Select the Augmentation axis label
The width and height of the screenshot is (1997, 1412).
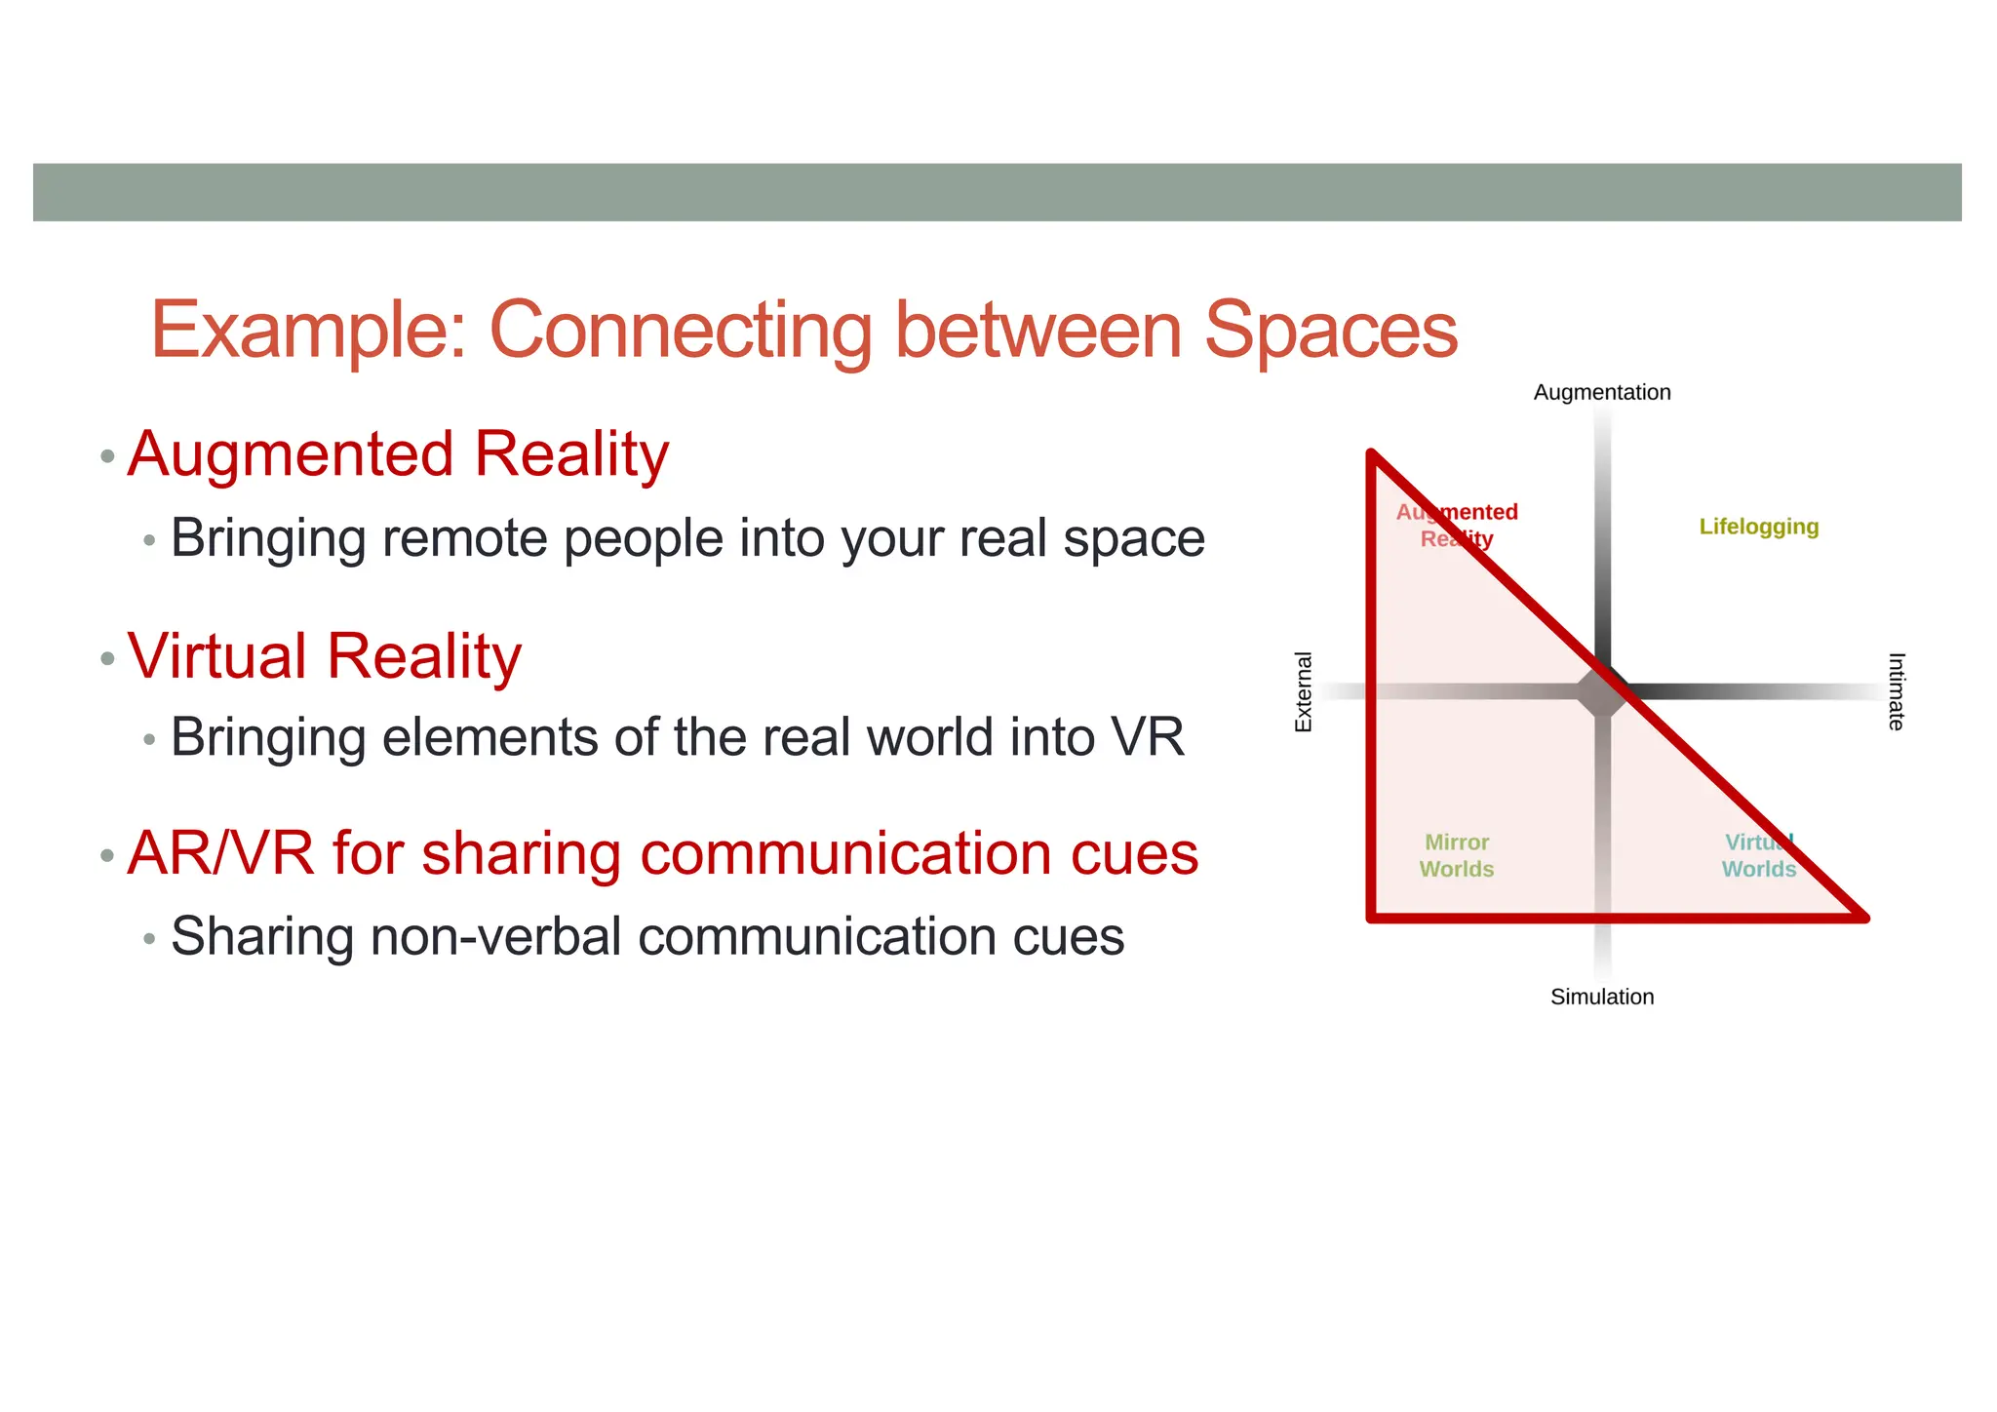pyautogui.click(x=1601, y=392)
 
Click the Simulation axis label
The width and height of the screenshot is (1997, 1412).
pyautogui.click(x=1601, y=997)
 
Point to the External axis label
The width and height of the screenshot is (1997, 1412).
pyautogui.click(x=1303, y=691)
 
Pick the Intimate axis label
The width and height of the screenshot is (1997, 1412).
pyautogui.click(x=1896, y=691)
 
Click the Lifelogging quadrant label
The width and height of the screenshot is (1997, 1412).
pyautogui.click(x=1758, y=527)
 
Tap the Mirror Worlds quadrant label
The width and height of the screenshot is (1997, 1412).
pyautogui.click(x=1456, y=855)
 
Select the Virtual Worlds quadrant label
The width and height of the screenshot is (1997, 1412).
pyautogui.click(x=1758, y=855)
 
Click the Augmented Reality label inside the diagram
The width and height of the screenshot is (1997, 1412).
pyautogui.click(x=1456, y=526)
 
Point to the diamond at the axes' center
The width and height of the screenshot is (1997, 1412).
pyautogui.click(x=1602, y=692)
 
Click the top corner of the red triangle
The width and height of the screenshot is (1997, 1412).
pyautogui.click(x=1372, y=454)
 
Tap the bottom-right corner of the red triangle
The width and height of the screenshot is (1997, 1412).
pyautogui.click(x=1862, y=917)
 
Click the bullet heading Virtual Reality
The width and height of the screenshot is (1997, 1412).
pyautogui.click(x=325, y=655)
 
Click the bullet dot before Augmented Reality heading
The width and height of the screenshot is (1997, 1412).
pyautogui.click(x=107, y=456)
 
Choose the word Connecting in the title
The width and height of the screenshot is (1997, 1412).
pyautogui.click(x=681, y=332)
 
